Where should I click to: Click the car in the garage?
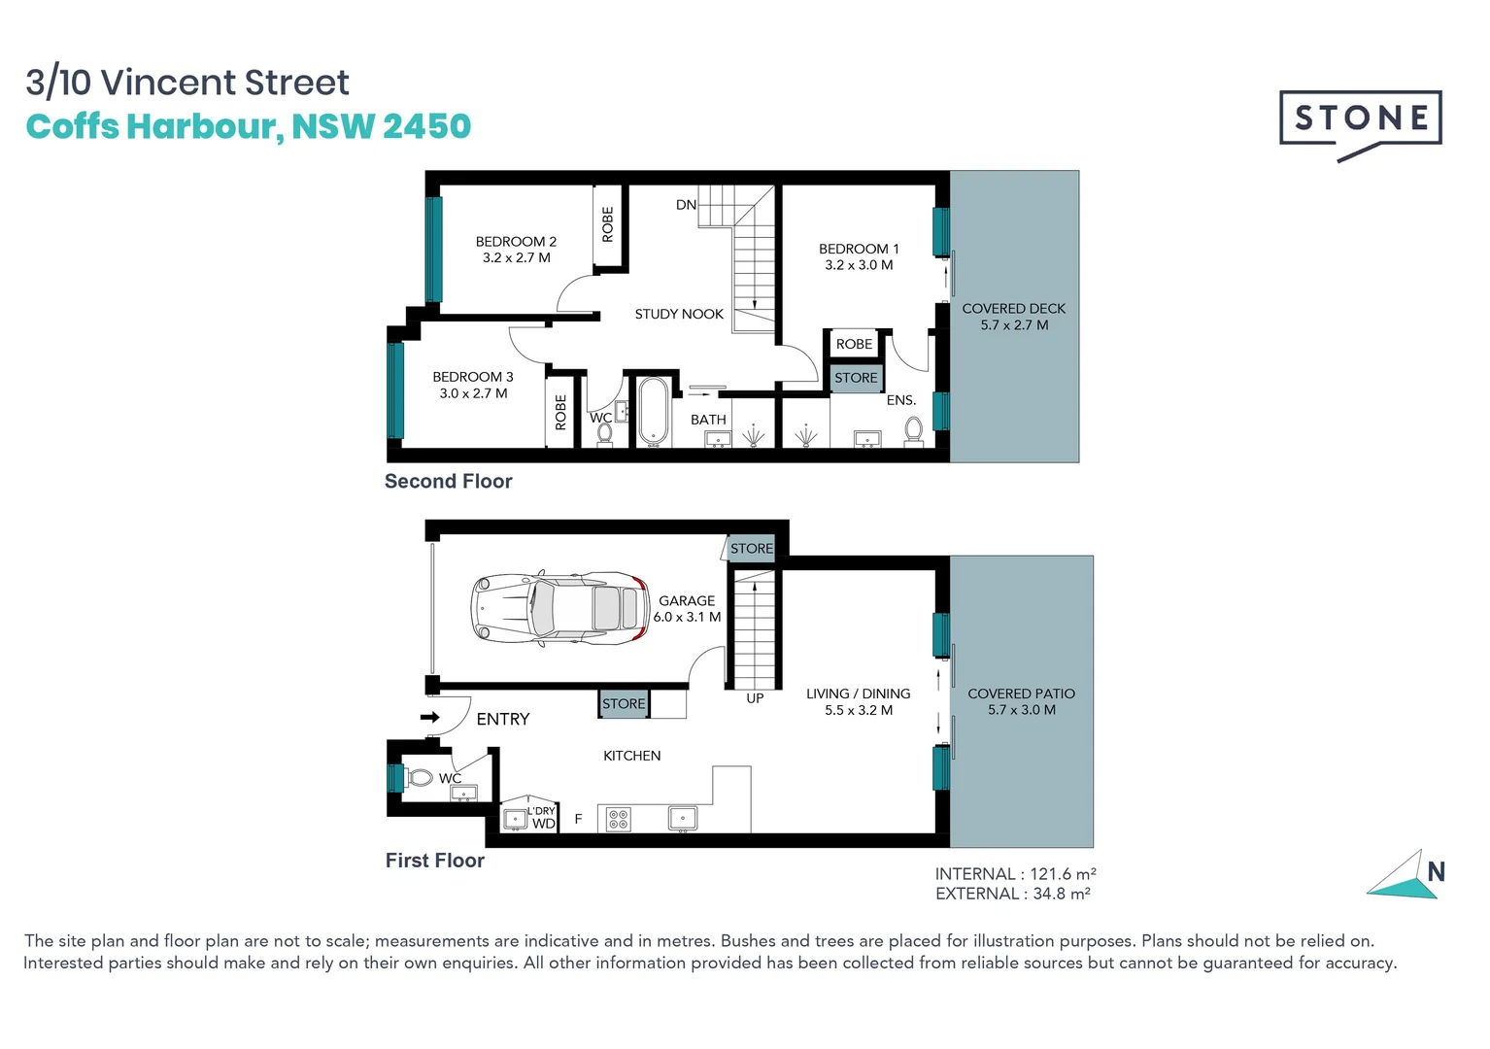pyautogui.click(x=560, y=609)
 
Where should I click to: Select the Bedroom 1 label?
pyautogui.click(x=859, y=249)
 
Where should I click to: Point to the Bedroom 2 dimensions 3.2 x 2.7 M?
pyautogui.click(x=516, y=258)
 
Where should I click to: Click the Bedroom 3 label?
pyautogui.click(x=473, y=377)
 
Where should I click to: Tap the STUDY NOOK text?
pyautogui.click(x=679, y=314)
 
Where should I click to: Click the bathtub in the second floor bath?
pyautogui.click(x=652, y=410)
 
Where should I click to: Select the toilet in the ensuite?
pyautogui.click(x=913, y=429)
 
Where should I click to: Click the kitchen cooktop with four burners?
pyautogui.click(x=619, y=819)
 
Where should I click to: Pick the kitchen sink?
pyautogui.click(x=683, y=819)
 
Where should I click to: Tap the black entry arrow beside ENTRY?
pyautogui.click(x=429, y=718)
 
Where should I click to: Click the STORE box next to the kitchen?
pyautogui.click(x=624, y=704)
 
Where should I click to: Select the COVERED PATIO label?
pyautogui.click(x=1021, y=694)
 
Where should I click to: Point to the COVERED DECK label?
pyautogui.click(x=1013, y=309)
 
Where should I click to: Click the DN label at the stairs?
pyautogui.click(x=686, y=205)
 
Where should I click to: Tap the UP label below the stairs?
pyautogui.click(x=755, y=698)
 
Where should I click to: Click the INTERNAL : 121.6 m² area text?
pyautogui.click(x=1015, y=874)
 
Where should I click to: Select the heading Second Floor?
pyautogui.click(x=448, y=481)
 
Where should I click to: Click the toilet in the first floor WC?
pyautogui.click(x=420, y=778)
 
